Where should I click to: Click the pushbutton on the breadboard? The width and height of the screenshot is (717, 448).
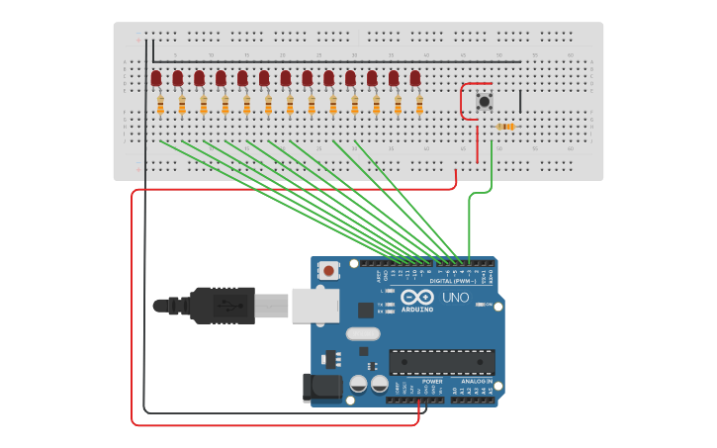[485, 102]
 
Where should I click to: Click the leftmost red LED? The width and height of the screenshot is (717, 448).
[156, 78]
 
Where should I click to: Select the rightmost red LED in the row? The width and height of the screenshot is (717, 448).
[415, 78]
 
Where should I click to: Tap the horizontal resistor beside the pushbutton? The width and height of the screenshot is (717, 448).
[505, 127]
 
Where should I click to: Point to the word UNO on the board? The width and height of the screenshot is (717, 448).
[455, 297]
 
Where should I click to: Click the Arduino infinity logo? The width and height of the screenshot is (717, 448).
[417, 297]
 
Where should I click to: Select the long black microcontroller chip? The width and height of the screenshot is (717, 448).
[441, 362]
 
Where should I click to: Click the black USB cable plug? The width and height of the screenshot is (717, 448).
[223, 306]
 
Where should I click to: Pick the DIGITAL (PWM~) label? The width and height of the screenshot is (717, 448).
[453, 281]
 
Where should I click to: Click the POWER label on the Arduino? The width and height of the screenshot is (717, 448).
[432, 381]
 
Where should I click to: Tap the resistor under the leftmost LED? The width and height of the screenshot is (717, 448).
[160, 104]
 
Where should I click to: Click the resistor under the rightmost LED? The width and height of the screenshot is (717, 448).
[419, 104]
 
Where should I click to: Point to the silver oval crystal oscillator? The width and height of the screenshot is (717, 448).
[363, 333]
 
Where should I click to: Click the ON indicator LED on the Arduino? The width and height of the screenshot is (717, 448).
[483, 305]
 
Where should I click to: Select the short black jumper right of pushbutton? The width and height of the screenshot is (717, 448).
[520, 101]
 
